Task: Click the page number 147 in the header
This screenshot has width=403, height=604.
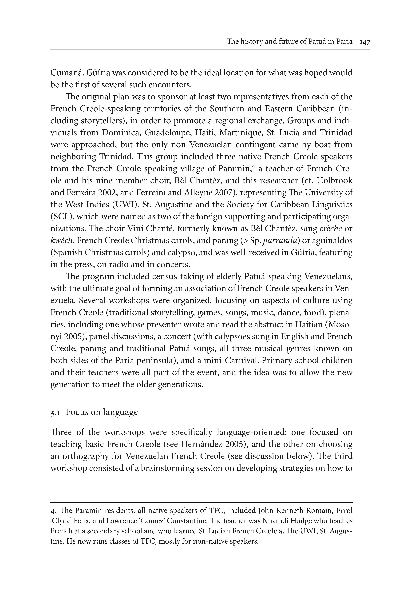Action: [365, 42]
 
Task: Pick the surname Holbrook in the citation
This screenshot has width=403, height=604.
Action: [334, 181]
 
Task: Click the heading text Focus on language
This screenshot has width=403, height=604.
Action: [102, 412]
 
